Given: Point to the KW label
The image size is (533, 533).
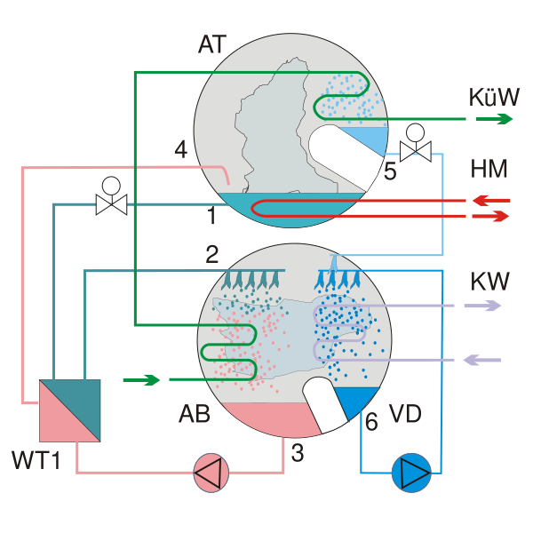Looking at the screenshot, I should (489, 282).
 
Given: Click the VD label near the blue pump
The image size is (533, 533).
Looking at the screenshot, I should (405, 415).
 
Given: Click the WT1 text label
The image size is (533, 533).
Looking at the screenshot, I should (36, 460).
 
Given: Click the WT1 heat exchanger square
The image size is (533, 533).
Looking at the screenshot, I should (70, 410).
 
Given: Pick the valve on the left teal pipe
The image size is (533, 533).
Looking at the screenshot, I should (111, 204).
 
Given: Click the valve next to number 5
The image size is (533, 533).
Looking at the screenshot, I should (415, 151).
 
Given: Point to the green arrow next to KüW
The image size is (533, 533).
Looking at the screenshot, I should (494, 118).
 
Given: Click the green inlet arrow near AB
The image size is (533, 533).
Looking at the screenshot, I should (142, 380).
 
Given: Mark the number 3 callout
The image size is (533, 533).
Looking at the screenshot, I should (298, 453).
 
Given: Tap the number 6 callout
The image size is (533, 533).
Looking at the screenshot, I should (371, 422).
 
